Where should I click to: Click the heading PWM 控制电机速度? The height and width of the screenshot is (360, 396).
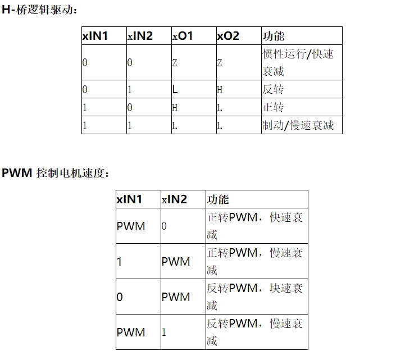(55, 172)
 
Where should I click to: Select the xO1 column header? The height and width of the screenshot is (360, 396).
(183, 37)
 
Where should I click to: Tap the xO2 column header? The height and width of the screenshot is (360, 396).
(228, 37)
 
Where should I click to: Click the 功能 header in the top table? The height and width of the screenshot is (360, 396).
(274, 37)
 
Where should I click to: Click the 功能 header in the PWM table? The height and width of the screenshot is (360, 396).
(218, 199)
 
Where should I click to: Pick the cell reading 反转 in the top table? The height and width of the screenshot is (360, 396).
(273, 89)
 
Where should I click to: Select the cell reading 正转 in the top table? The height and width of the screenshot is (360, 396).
(273, 107)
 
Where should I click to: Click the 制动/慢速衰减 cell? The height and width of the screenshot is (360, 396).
(298, 125)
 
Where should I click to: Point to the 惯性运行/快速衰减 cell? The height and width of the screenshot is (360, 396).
(298, 63)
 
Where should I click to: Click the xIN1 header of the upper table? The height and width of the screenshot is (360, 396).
(95, 37)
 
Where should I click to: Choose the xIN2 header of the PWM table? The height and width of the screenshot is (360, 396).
(174, 199)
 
